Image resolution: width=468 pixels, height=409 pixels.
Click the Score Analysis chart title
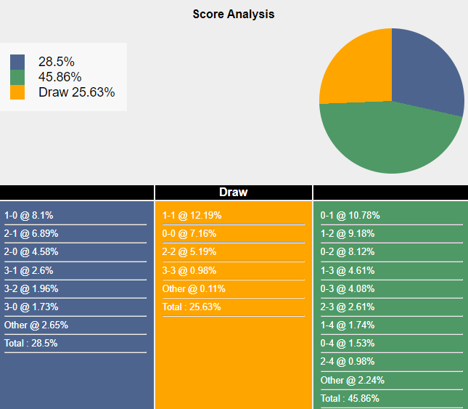[x=234, y=14]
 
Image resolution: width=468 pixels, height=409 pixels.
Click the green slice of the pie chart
[x=385, y=142]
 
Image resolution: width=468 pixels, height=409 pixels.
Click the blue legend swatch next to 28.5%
[x=17, y=62]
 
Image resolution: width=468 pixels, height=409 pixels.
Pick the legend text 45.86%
[x=59, y=77]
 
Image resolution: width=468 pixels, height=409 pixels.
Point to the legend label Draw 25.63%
[x=76, y=92]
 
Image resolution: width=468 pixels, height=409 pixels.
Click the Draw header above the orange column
[x=234, y=193]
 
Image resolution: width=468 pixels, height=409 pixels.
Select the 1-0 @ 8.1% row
[x=29, y=216]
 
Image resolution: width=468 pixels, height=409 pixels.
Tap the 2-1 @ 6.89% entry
[x=31, y=234]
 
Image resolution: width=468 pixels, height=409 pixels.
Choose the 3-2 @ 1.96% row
[x=31, y=288]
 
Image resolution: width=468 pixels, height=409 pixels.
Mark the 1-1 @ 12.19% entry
[x=192, y=216]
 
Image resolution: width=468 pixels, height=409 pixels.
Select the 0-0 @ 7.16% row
[x=189, y=234]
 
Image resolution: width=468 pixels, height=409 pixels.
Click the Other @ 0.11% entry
[x=194, y=288]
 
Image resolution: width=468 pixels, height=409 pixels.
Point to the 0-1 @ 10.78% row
[x=350, y=216]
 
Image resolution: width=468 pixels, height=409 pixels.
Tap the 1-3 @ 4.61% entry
[x=348, y=270]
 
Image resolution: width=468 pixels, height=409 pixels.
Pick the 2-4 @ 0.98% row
[x=348, y=362]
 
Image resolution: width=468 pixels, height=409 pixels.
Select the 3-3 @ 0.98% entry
[x=189, y=270]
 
